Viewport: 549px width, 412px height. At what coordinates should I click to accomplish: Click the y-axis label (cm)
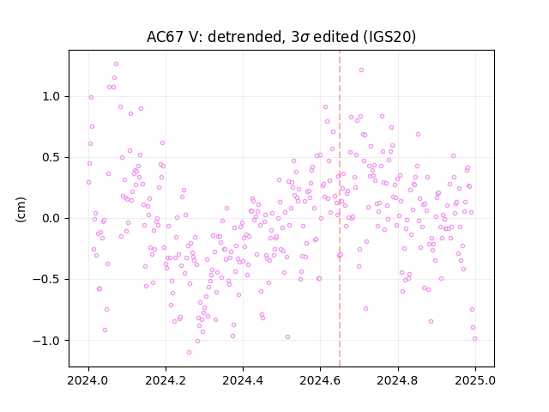[21, 209]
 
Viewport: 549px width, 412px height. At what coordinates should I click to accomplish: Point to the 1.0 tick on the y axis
[52, 96]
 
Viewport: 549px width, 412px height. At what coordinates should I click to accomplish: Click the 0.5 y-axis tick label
[52, 157]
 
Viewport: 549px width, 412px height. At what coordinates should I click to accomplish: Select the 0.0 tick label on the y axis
[52, 218]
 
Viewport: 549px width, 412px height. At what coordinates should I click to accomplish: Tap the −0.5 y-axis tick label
[47, 279]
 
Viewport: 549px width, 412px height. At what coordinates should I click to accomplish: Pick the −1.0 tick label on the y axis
[47, 340]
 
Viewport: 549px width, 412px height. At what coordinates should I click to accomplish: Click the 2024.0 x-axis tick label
[88, 380]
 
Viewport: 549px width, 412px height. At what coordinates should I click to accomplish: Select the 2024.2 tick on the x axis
[166, 380]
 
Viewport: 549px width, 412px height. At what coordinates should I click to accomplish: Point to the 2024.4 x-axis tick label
[243, 380]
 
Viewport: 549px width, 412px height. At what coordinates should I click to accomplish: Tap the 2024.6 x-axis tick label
[320, 380]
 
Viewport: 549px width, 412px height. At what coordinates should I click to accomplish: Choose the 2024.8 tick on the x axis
[397, 380]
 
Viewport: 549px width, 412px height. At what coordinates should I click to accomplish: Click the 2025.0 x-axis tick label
[474, 380]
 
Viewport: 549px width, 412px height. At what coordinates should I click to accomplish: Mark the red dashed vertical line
[340, 209]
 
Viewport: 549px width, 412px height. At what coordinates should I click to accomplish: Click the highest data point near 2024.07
[117, 64]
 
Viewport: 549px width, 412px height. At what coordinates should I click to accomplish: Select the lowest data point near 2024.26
[189, 352]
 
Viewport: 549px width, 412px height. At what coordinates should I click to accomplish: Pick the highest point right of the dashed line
[361, 70]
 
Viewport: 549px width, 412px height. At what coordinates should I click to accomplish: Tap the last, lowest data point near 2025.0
[474, 338]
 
